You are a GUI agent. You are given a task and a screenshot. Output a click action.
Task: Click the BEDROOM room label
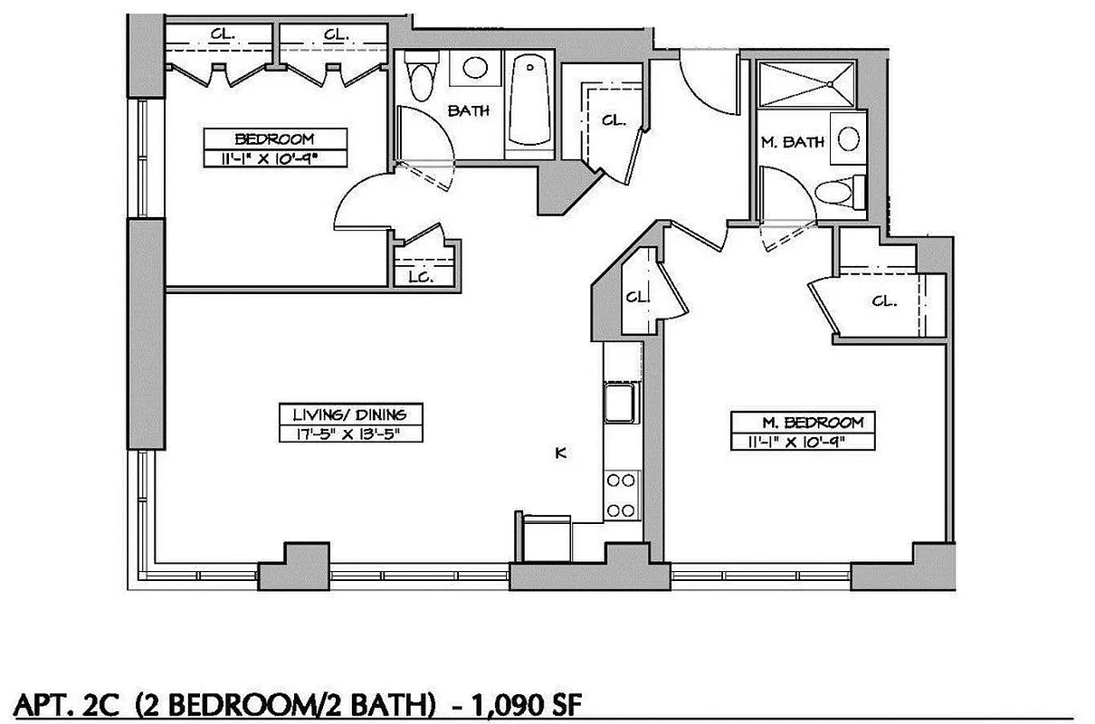[274, 138]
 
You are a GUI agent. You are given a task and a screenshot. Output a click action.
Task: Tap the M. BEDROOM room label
[805, 422]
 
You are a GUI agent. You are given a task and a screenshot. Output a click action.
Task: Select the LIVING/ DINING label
[350, 414]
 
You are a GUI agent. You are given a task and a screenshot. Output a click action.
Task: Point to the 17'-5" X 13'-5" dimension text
[350, 433]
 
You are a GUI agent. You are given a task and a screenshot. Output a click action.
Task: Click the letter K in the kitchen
[561, 453]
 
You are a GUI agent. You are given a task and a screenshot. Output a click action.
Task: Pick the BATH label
[469, 110]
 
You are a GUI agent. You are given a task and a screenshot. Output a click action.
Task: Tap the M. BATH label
[791, 142]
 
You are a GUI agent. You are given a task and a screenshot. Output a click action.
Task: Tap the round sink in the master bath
[848, 138]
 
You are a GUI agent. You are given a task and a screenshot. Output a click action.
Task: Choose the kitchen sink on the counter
[620, 402]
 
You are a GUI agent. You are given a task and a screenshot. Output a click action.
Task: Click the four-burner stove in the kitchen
[620, 495]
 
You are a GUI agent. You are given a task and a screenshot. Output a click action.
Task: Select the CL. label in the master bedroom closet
[884, 301]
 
